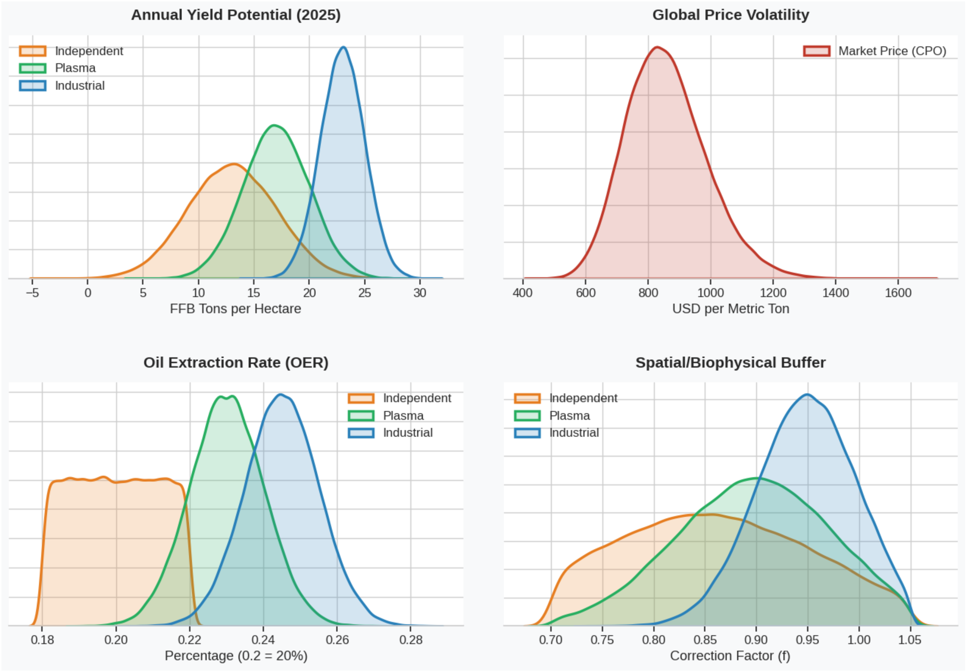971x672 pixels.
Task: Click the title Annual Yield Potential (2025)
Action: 235,15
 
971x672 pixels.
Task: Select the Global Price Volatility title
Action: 730,15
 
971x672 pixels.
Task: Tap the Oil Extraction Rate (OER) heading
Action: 235,362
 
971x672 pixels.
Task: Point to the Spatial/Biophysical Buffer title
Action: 730,362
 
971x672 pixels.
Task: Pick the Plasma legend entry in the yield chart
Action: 75,68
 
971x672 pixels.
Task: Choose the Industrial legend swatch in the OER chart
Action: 361,433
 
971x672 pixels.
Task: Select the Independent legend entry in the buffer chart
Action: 583,398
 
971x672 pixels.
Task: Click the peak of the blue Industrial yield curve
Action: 343,48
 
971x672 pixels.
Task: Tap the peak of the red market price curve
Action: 657,48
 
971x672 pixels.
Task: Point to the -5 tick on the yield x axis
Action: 32,293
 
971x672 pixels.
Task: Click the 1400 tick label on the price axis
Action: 835,293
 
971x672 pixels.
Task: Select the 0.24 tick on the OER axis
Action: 263,640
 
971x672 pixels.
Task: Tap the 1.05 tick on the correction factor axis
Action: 909,640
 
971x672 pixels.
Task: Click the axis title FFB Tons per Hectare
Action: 235,309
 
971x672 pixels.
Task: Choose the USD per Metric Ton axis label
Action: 730,309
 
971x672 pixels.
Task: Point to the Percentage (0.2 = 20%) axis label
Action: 236,656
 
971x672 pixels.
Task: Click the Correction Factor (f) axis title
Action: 730,656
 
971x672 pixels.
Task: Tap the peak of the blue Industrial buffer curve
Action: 807,395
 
